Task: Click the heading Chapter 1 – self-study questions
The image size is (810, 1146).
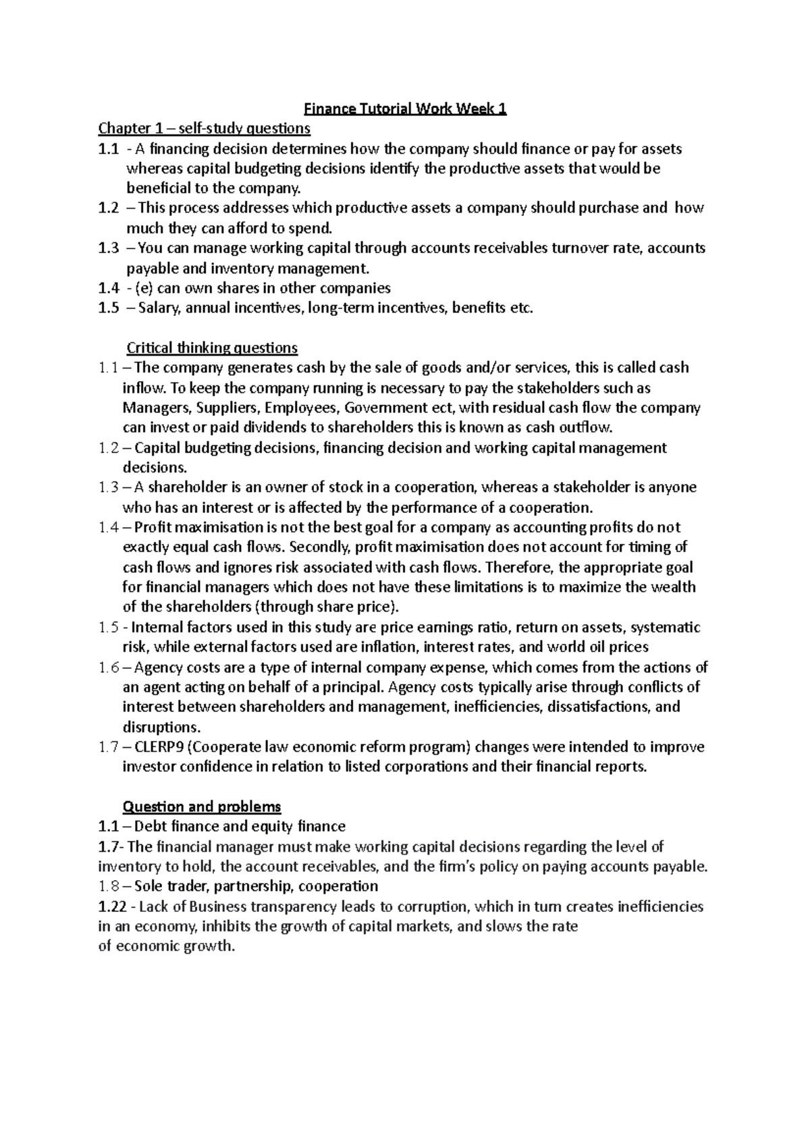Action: pos(204,128)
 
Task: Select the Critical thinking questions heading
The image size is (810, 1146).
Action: pos(212,348)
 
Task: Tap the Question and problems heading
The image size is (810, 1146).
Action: pos(201,807)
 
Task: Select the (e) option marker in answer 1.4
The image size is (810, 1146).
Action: pos(144,288)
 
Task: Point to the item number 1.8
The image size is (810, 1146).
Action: pos(109,886)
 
